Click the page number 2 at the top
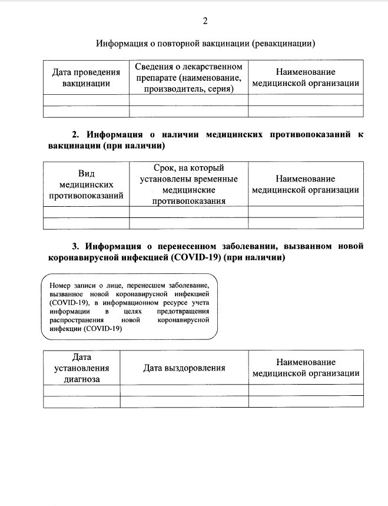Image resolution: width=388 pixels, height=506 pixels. (205, 21)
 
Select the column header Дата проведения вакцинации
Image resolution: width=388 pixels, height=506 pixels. (86, 77)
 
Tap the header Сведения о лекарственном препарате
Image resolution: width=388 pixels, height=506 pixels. (188, 77)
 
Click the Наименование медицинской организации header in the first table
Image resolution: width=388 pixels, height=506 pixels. (305, 77)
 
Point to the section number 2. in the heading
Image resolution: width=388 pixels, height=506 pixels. (75, 134)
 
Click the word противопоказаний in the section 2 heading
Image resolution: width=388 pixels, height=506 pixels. (309, 134)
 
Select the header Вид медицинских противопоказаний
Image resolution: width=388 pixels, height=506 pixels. (86, 184)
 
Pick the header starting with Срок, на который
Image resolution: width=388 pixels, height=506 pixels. (188, 184)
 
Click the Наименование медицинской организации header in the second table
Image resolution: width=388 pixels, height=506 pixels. (305, 184)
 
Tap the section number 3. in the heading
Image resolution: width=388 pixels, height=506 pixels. (75, 246)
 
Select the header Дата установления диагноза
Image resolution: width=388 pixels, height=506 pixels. (82, 368)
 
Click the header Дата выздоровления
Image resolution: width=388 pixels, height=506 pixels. (184, 368)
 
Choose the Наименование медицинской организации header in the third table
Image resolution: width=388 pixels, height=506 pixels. (305, 368)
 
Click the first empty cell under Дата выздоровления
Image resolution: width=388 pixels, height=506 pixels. (184, 391)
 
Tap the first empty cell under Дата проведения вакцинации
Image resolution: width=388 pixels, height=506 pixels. (86, 100)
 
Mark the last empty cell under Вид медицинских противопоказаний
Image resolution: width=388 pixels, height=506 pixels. (86, 223)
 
